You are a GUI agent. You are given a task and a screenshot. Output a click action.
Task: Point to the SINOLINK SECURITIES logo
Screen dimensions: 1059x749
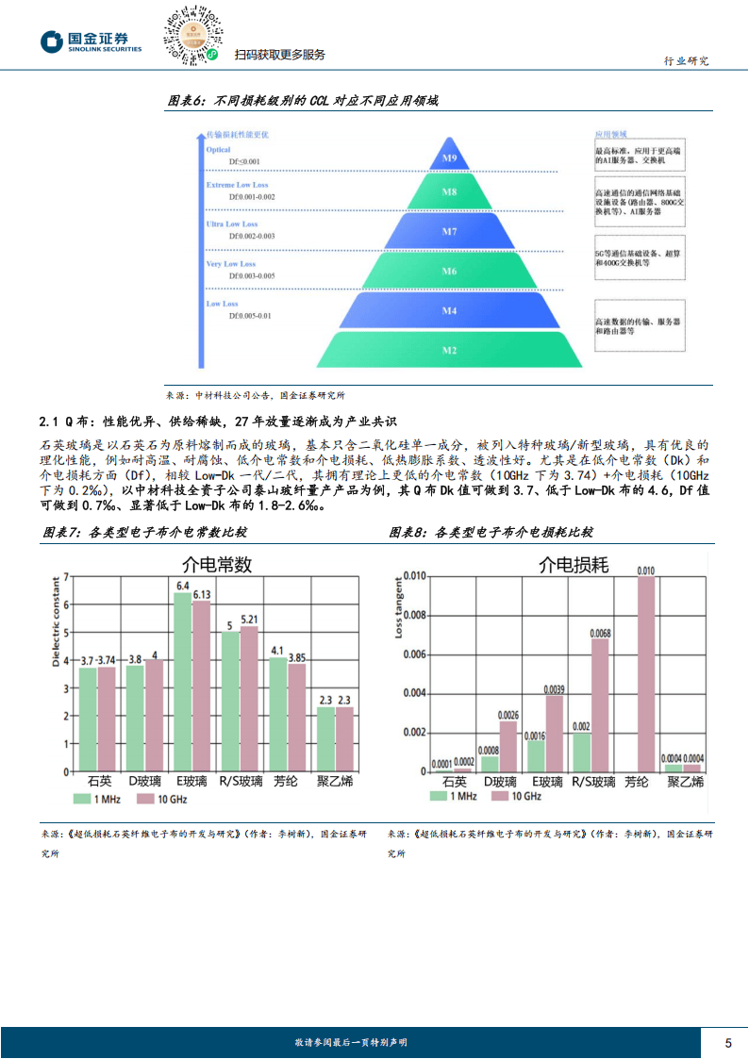coord(91,42)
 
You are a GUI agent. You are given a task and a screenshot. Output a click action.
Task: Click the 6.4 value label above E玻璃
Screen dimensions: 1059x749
coord(182,586)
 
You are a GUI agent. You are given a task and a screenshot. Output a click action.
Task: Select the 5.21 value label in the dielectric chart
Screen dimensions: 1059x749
coord(249,619)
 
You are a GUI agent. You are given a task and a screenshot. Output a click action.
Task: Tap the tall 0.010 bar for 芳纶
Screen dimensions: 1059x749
coord(645,673)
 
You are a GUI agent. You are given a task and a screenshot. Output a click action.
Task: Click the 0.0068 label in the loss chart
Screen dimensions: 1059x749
coord(600,633)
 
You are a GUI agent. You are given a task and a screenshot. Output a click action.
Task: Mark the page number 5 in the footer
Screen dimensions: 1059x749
coord(727,1042)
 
